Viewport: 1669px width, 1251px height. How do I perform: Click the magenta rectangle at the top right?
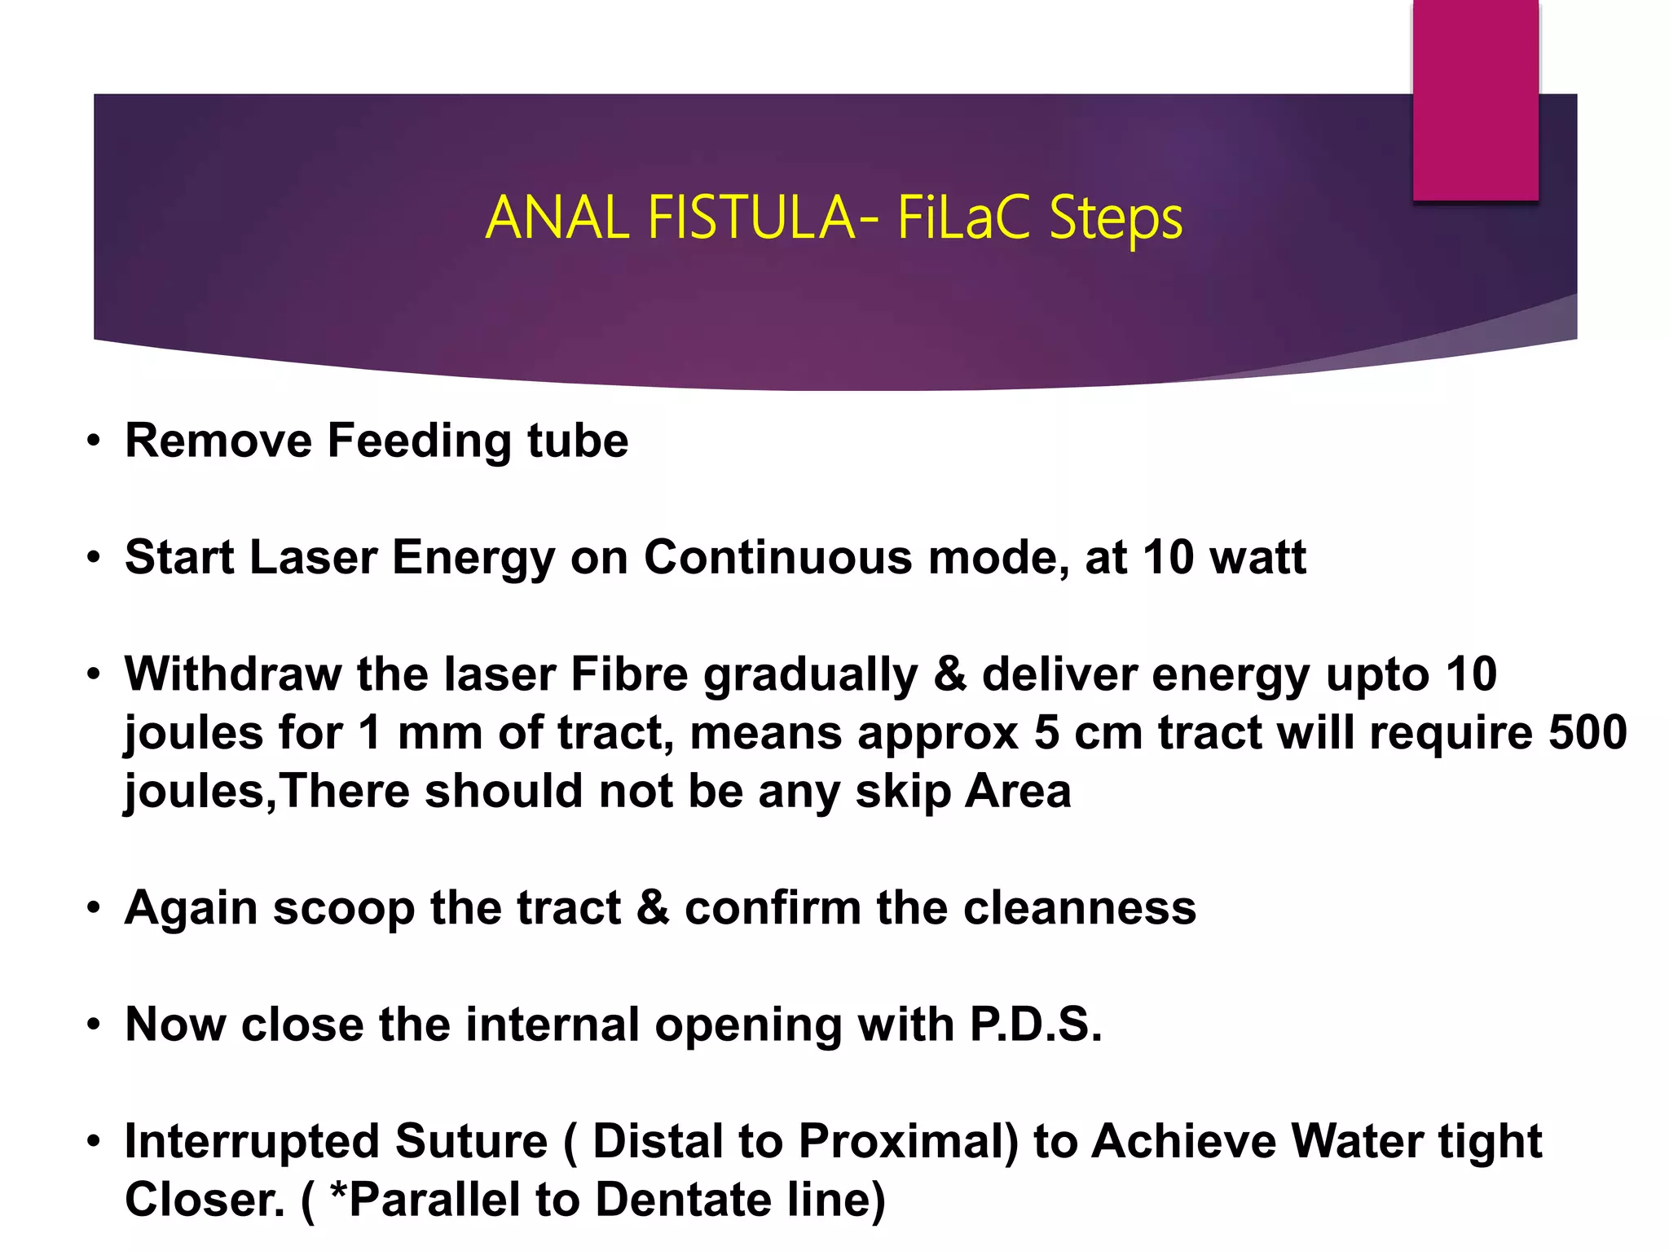click(1475, 99)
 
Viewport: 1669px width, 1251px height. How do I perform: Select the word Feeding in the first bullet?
click(419, 441)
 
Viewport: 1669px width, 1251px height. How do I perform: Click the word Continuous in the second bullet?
click(777, 558)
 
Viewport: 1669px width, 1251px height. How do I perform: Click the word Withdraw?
click(233, 674)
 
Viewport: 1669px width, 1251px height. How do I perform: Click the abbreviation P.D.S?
click(1035, 1025)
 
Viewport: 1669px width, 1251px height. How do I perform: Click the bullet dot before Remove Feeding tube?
click(95, 442)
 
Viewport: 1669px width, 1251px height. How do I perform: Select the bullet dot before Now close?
click(95, 1025)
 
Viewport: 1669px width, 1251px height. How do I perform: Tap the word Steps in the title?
click(1116, 218)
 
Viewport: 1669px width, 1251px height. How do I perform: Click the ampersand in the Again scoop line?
click(653, 908)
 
